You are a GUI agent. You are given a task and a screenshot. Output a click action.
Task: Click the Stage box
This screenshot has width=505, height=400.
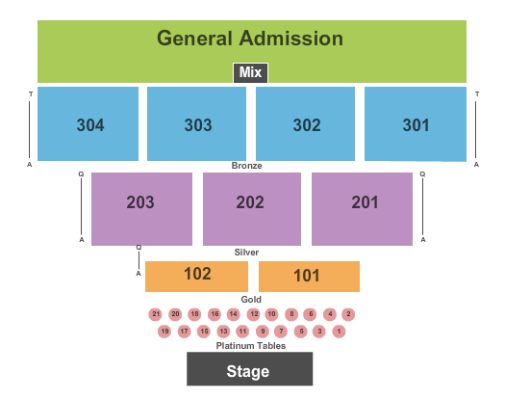(x=249, y=369)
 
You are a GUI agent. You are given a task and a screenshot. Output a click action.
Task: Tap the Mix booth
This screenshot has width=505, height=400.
(x=250, y=72)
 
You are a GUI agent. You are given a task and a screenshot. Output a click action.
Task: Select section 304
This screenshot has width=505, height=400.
(x=88, y=123)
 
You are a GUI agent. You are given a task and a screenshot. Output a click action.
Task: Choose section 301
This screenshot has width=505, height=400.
(x=416, y=123)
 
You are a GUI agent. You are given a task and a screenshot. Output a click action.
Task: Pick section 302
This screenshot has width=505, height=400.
(x=305, y=123)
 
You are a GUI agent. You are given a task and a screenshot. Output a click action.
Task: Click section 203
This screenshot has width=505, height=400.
(x=141, y=209)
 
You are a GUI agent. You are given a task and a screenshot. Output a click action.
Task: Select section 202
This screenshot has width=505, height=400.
(x=252, y=209)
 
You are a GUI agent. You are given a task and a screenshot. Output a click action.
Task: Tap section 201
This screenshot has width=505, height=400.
(x=362, y=209)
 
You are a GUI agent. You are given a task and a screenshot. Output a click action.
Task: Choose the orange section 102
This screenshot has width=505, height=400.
(x=196, y=277)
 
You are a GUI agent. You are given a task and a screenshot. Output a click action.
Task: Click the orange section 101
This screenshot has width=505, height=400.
(x=309, y=277)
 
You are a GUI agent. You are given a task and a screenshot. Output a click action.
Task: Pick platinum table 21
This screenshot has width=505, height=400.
(x=156, y=314)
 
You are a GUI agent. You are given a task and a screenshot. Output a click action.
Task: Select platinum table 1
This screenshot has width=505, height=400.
(x=339, y=332)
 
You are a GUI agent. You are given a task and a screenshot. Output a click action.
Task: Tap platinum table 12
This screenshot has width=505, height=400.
(x=254, y=314)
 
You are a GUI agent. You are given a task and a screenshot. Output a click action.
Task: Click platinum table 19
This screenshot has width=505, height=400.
(x=164, y=332)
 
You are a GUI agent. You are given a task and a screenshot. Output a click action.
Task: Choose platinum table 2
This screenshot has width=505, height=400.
(x=348, y=314)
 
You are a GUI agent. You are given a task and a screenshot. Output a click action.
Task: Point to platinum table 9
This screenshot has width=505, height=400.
(x=263, y=332)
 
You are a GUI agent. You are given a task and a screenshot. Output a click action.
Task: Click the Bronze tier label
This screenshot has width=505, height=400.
(x=246, y=166)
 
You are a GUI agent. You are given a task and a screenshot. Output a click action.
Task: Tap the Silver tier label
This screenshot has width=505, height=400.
(x=246, y=253)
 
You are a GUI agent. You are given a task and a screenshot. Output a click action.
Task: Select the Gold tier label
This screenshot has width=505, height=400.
(x=251, y=299)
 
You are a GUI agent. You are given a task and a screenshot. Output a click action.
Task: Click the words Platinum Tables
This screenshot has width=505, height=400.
(x=251, y=346)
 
